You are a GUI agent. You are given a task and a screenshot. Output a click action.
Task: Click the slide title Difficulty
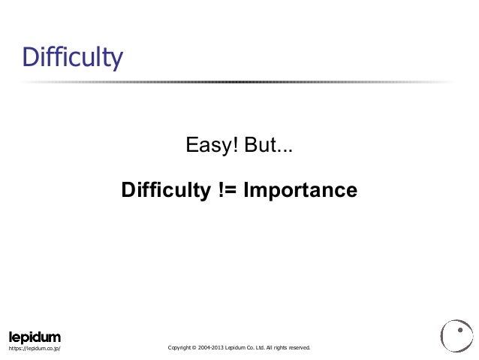72,57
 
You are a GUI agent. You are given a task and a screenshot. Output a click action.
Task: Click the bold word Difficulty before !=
165,188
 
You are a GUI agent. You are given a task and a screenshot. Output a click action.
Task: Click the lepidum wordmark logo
35,336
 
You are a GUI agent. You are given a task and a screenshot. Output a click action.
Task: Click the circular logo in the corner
456,335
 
